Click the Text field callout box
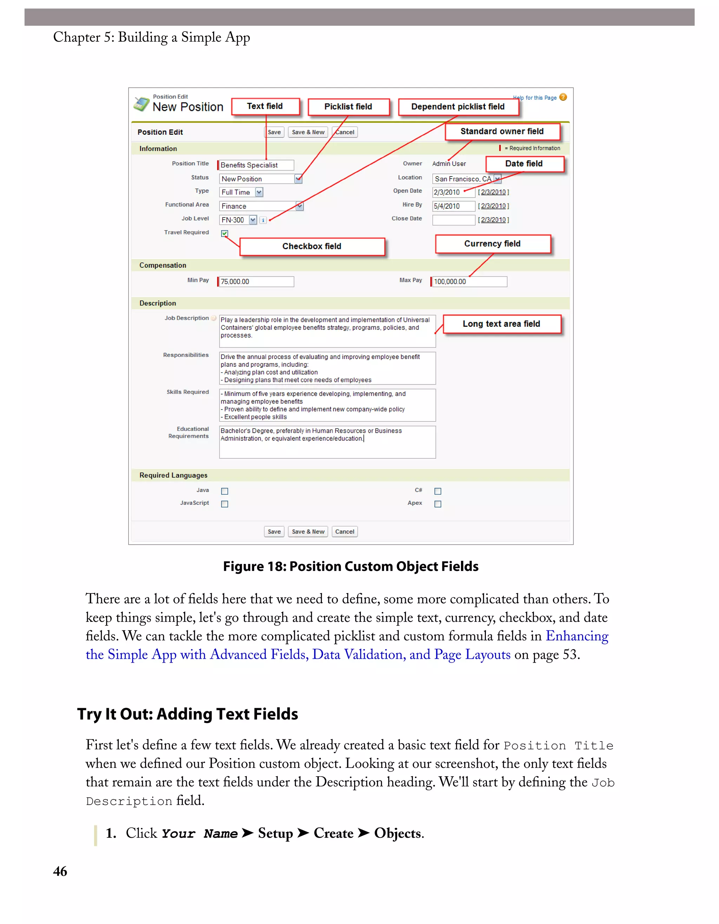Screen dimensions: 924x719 tap(265, 107)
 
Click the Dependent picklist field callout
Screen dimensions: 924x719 tap(458, 107)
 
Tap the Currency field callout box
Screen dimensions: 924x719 tap(493, 244)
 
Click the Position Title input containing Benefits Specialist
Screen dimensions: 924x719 tap(256, 165)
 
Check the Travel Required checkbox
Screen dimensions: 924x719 tap(225, 233)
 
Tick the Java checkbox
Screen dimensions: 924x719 tap(225, 491)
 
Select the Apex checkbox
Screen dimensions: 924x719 tap(438, 504)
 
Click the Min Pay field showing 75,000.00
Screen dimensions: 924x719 tap(256, 282)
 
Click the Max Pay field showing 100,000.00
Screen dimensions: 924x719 tap(469, 282)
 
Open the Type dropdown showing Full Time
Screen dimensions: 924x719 tap(241, 193)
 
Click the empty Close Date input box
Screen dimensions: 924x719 tap(454, 220)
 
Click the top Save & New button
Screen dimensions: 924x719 tap(308, 132)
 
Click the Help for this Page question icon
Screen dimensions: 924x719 tap(563, 97)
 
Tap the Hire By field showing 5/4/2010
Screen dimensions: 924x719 tap(454, 206)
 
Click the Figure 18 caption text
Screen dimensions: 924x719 tap(351, 566)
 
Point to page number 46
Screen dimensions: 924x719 tap(60, 872)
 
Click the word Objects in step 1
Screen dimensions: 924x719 tap(398, 833)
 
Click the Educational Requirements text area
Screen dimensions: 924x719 tap(327, 442)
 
